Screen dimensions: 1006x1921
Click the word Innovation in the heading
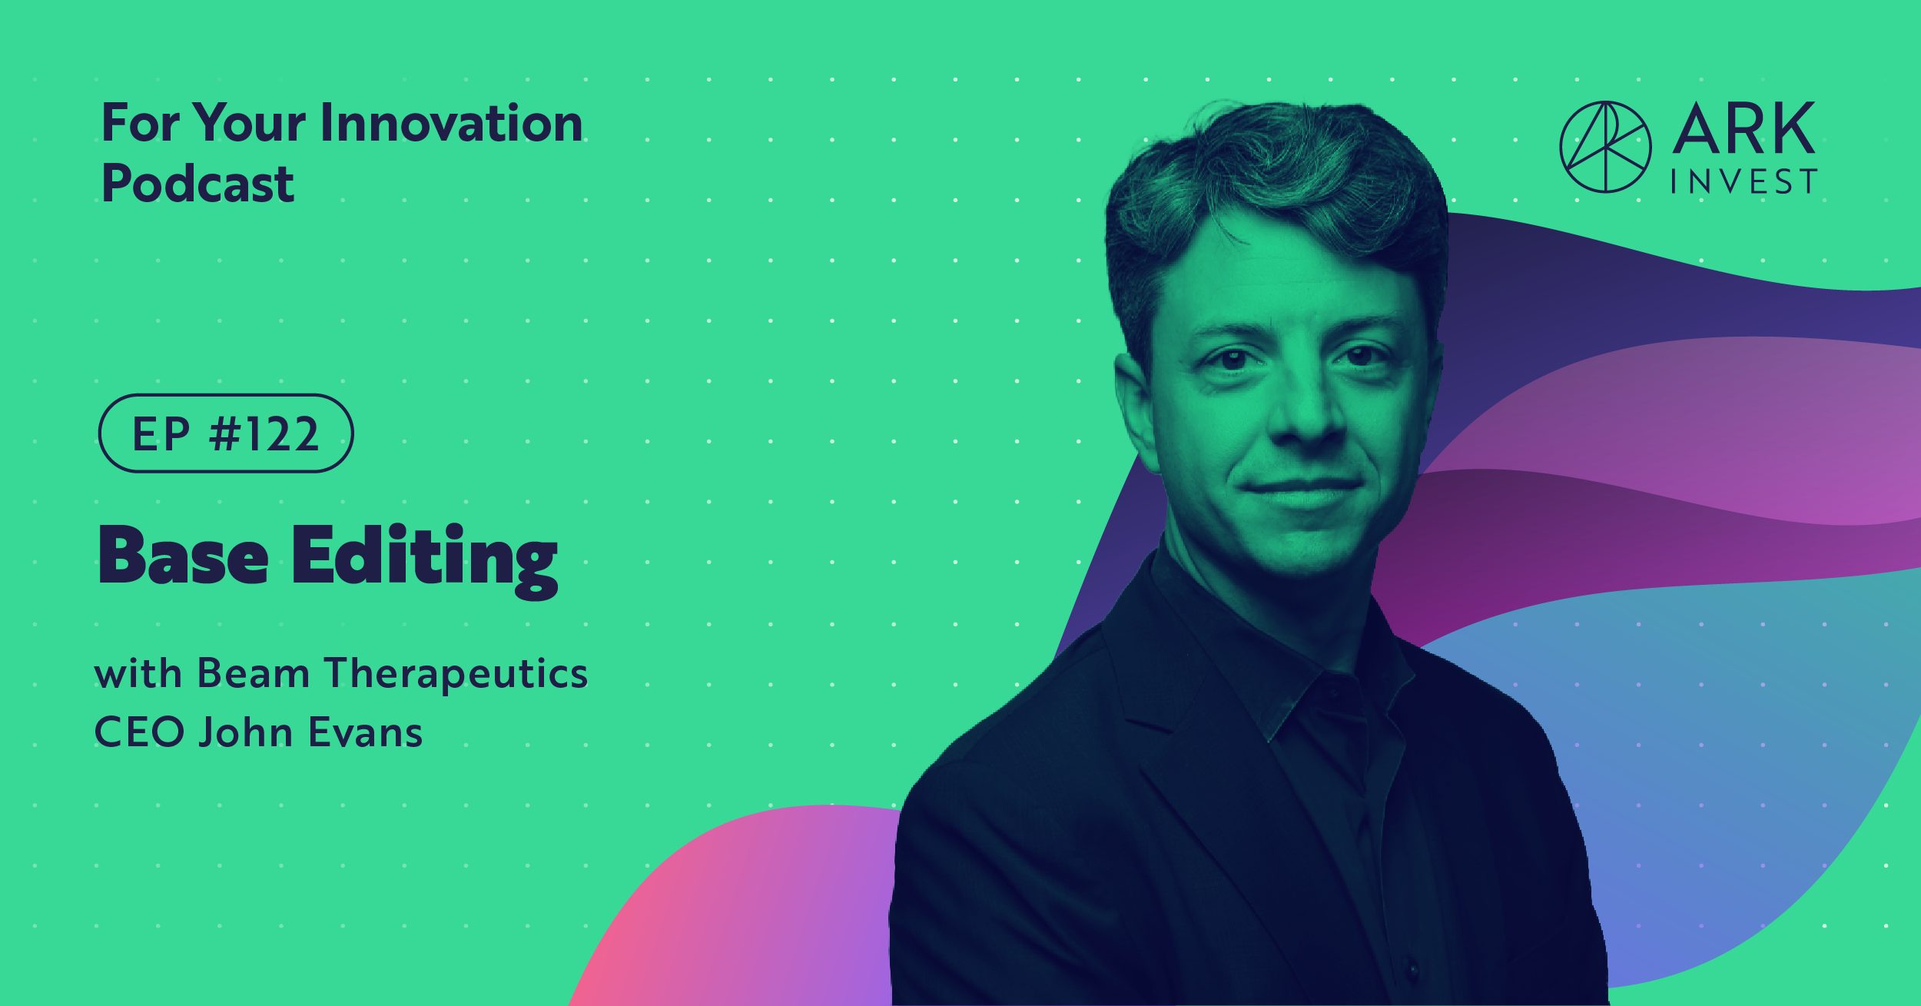point(451,123)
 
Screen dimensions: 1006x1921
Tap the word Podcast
point(197,184)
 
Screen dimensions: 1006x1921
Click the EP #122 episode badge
point(226,433)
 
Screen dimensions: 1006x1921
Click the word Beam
point(254,673)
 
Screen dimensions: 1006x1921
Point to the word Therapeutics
point(456,675)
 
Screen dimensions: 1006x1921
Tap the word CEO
point(139,732)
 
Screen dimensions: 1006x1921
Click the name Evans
point(366,732)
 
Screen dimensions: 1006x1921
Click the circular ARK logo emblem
point(1605,147)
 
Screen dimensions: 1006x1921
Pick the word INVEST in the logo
point(1743,182)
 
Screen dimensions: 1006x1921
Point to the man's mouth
point(1300,489)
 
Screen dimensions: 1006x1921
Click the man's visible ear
point(1136,407)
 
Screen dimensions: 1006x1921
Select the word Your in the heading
point(249,123)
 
